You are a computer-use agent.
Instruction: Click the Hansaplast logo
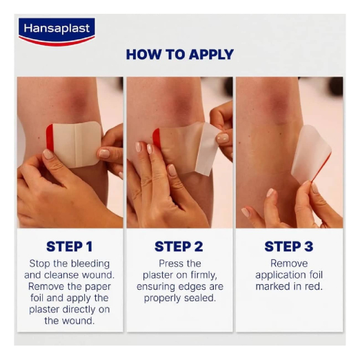tap(57, 32)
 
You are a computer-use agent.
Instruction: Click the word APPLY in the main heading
tap(212, 54)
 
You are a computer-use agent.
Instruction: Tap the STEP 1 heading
tap(70, 247)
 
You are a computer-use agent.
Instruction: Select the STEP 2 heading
tap(179, 247)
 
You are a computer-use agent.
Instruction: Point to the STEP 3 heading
tap(289, 247)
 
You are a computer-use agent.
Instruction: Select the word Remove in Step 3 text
tap(289, 263)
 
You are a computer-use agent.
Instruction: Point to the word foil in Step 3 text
tap(315, 275)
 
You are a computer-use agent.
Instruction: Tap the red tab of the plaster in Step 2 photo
tap(157, 138)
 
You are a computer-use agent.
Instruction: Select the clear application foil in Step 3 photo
tap(310, 154)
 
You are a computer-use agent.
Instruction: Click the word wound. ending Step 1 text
tap(81, 321)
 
